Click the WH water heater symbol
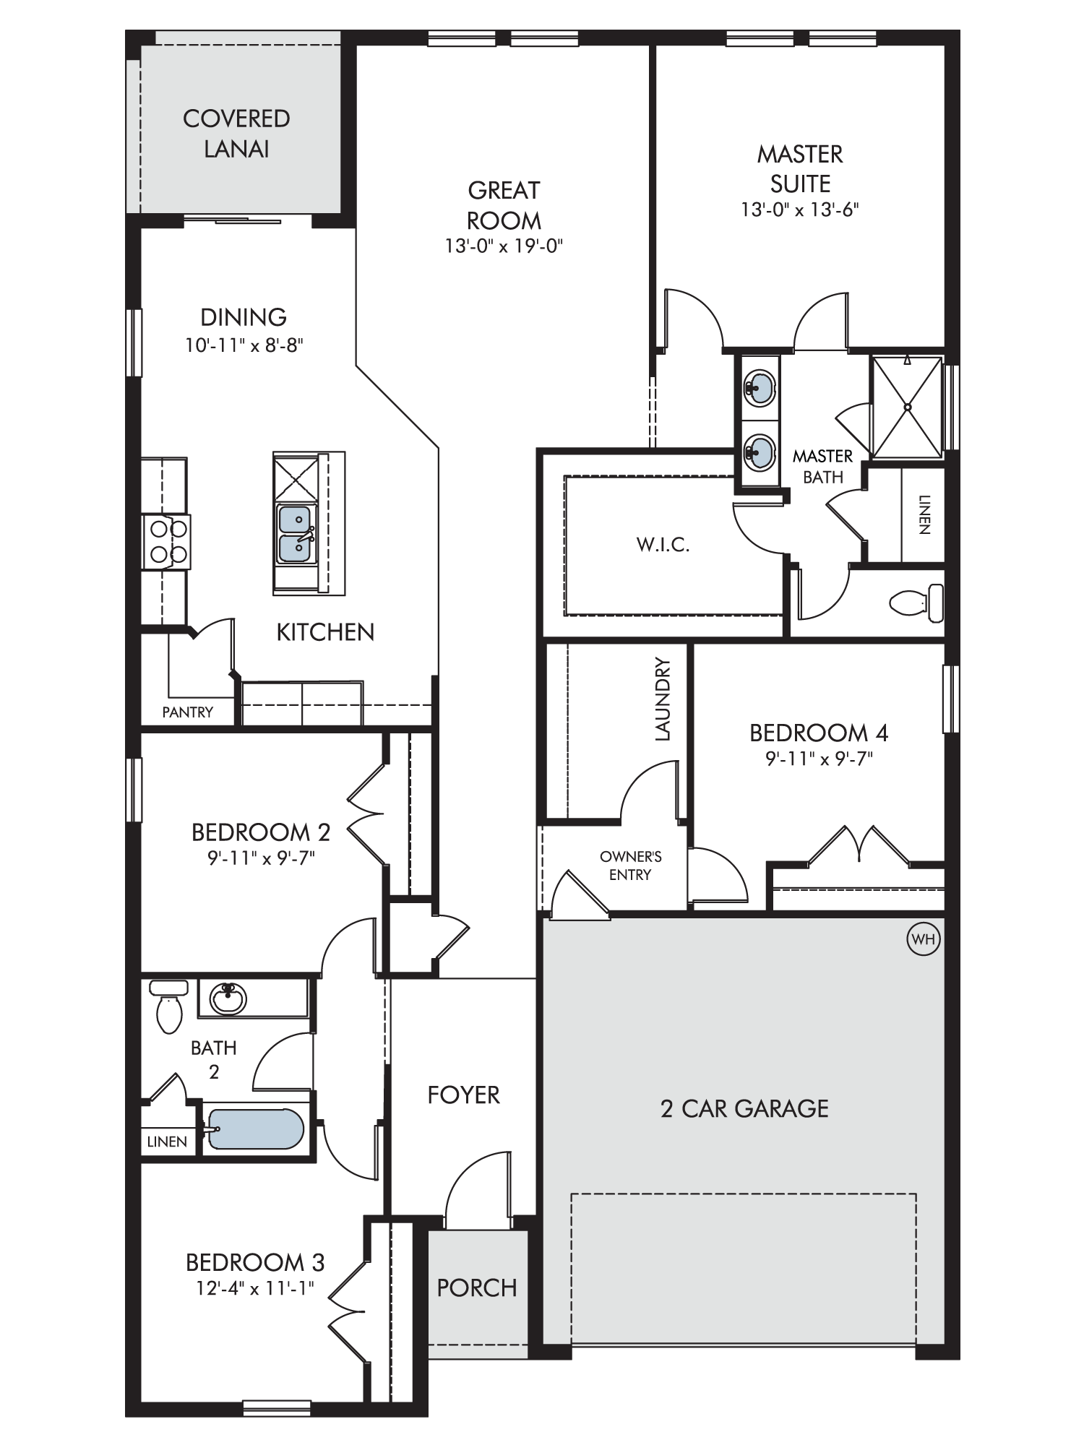[924, 939]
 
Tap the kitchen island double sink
[295, 534]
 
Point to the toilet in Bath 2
[169, 1005]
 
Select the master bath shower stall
[908, 407]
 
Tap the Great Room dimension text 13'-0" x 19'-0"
[504, 246]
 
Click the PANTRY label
[188, 712]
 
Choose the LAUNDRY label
[663, 699]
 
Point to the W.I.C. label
[663, 545]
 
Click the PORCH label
[477, 1287]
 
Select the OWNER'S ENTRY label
[630, 866]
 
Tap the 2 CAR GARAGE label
[744, 1108]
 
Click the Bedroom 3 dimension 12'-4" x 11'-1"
[255, 1287]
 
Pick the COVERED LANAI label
[236, 134]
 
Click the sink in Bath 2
[228, 998]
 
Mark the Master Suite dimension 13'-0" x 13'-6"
[800, 210]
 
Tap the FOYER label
[463, 1095]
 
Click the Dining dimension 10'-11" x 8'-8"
[244, 345]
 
